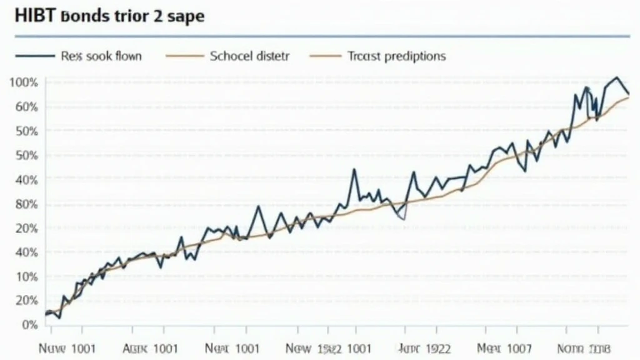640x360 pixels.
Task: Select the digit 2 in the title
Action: click(157, 16)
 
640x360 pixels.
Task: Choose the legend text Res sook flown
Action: click(101, 56)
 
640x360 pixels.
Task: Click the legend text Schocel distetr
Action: click(250, 56)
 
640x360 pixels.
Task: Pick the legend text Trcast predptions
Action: click(396, 56)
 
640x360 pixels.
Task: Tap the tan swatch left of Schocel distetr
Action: click(185, 56)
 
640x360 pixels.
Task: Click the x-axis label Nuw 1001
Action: click(67, 348)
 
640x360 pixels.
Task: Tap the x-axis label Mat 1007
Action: click(504, 348)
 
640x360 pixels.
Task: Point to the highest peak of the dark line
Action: click(617, 77)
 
